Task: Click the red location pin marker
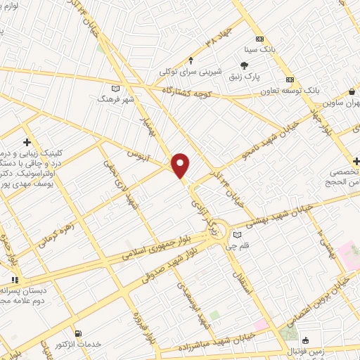tap(181, 166)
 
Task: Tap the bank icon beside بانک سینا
tap(260, 39)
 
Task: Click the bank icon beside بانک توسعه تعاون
tap(289, 79)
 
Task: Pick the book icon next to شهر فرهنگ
tap(116, 88)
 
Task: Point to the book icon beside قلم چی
tap(238, 233)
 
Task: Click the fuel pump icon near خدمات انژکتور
tap(77, 333)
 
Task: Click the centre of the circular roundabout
tap(218, 229)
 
